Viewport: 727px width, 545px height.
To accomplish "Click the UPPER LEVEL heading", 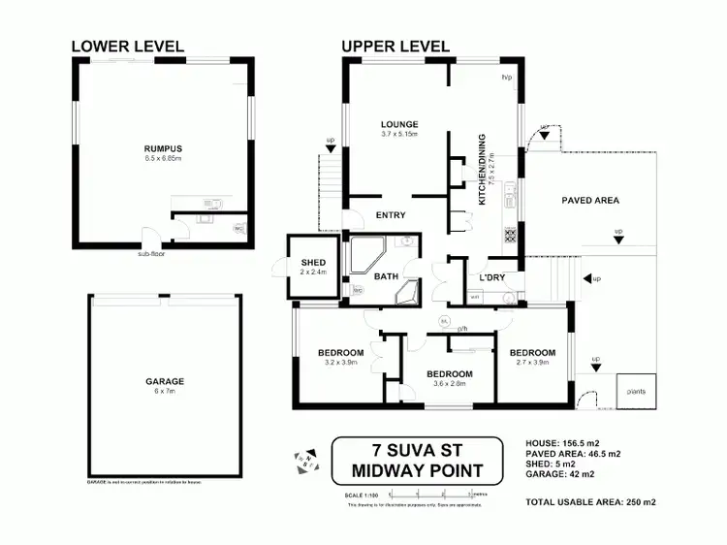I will click(395, 46).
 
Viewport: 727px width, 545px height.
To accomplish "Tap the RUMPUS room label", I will click(163, 148).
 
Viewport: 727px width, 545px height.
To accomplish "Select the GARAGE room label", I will click(166, 381).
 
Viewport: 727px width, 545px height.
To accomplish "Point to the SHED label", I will click(313, 263).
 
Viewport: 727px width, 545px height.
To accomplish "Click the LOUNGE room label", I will click(399, 124).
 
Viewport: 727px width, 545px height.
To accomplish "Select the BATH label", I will click(387, 275).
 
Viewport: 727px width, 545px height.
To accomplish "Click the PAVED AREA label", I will click(590, 201).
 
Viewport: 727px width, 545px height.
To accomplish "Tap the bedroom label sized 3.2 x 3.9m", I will click(340, 351).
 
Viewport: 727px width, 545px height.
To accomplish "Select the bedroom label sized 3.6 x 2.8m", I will click(450, 373).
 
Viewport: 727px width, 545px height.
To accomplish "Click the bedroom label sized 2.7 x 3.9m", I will click(532, 352).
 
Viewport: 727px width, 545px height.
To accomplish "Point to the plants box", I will click(636, 391).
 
